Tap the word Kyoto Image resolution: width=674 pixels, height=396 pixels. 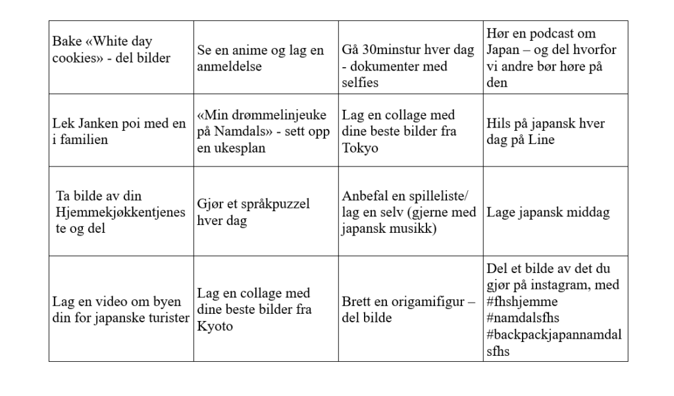click(215, 326)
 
